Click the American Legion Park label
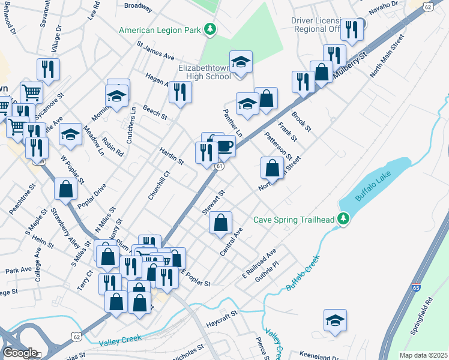click(160, 29)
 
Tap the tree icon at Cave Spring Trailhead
click(343, 220)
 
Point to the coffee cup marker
click(224, 145)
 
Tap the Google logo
click(20, 353)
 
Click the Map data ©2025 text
click(423, 355)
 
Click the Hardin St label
click(172, 155)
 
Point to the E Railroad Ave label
click(259, 261)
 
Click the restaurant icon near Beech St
click(180, 92)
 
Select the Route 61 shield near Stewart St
click(220, 166)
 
